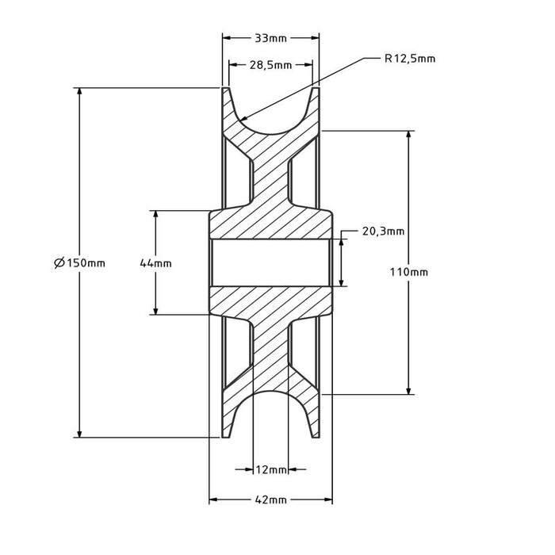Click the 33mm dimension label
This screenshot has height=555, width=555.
[270, 37]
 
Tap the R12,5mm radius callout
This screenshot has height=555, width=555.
[410, 58]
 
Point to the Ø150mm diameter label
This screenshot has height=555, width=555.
[81, 262]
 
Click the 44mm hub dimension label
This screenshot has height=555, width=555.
[155, 262]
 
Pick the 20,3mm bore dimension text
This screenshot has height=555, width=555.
[383, 232]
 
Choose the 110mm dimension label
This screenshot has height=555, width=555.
[409, 271]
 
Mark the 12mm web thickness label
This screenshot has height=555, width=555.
[270, 469]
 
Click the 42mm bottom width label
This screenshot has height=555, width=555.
[270, 500]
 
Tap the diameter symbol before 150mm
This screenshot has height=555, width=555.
[59, 262]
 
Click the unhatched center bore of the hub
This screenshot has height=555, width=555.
[270, 262]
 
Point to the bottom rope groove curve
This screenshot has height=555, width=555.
[270, 394]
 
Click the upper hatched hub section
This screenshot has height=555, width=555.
[270, 224]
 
